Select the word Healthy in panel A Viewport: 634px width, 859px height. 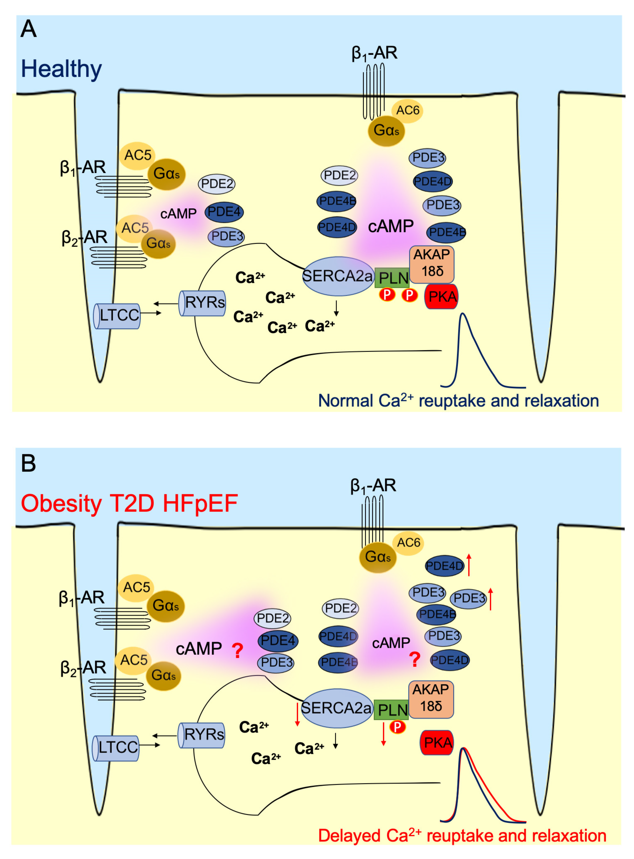61,69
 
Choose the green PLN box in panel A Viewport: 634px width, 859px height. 392,278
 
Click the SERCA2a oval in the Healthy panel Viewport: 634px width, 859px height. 338,276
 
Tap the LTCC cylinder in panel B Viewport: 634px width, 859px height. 116,747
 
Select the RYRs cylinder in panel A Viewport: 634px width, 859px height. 203,303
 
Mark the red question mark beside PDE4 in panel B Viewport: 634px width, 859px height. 238,651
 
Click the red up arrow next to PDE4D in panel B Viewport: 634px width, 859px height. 469,564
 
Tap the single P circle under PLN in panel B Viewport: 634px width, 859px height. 398,727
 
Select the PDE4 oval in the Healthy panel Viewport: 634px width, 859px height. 224,212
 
